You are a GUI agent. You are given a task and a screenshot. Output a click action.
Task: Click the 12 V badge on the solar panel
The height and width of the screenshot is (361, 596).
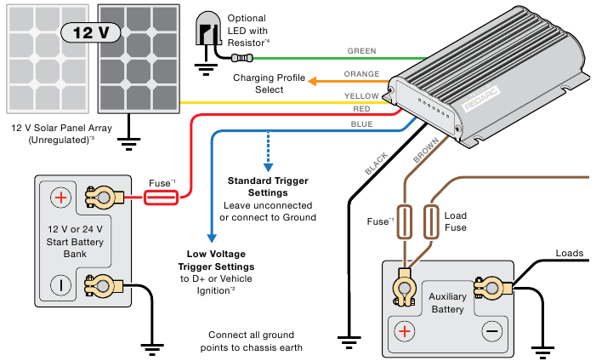click(x=91, y=33)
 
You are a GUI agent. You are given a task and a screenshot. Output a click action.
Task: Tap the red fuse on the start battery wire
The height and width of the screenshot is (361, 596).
click(x=161, y=198)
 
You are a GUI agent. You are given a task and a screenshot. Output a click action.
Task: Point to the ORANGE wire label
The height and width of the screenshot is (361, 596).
click(x=361, y=74)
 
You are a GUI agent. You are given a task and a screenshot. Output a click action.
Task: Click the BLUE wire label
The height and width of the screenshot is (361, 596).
click(x=361, y=123)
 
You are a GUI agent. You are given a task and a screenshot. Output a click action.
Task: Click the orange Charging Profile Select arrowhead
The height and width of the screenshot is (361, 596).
click(x=311, y=82)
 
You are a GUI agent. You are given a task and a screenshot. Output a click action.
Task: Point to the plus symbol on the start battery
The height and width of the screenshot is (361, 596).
click(x=60, y=198)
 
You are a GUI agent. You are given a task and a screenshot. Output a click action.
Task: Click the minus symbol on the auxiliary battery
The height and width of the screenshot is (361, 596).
click(x=491, y=330)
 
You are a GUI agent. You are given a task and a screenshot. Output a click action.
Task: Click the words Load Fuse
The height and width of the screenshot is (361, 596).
click(x=456, y=221)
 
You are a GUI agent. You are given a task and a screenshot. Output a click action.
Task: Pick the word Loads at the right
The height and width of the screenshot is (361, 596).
click(x=570, y=254)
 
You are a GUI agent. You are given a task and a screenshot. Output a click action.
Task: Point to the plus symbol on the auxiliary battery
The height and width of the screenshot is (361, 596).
click(x=405, y=330)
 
